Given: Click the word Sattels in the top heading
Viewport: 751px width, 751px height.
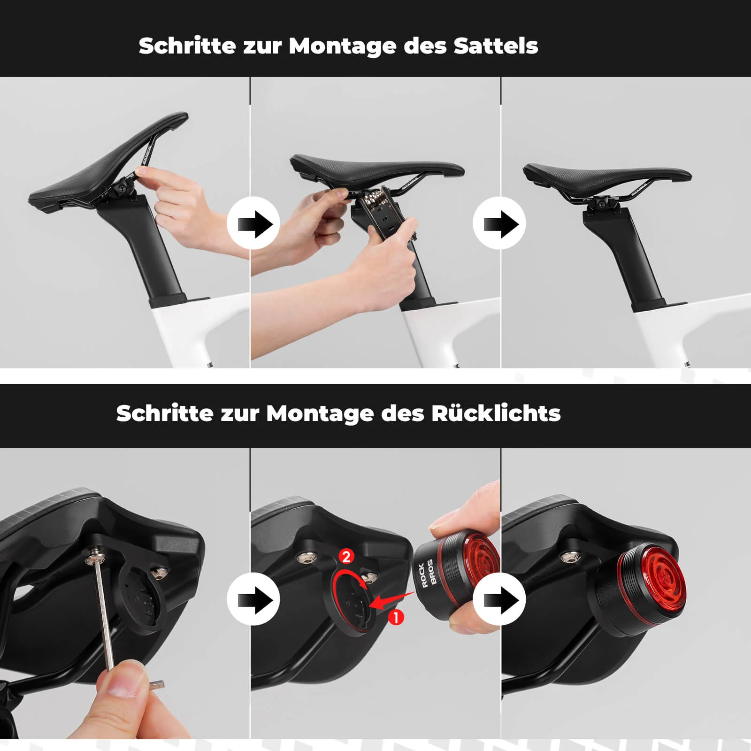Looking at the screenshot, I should (x=496, y=46).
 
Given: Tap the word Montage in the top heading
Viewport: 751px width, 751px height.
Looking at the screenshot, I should (x=342, y=46).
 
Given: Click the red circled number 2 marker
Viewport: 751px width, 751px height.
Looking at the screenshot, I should (x=346, y=557).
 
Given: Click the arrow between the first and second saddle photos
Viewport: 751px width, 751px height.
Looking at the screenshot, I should (x=253, y=223).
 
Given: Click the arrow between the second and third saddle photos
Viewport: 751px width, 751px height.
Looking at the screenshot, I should (x=499, y=223).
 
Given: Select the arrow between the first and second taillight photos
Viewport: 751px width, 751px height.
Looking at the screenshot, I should (x=253, y=599).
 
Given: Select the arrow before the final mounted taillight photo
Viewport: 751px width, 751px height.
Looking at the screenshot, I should (x=499, y=599).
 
